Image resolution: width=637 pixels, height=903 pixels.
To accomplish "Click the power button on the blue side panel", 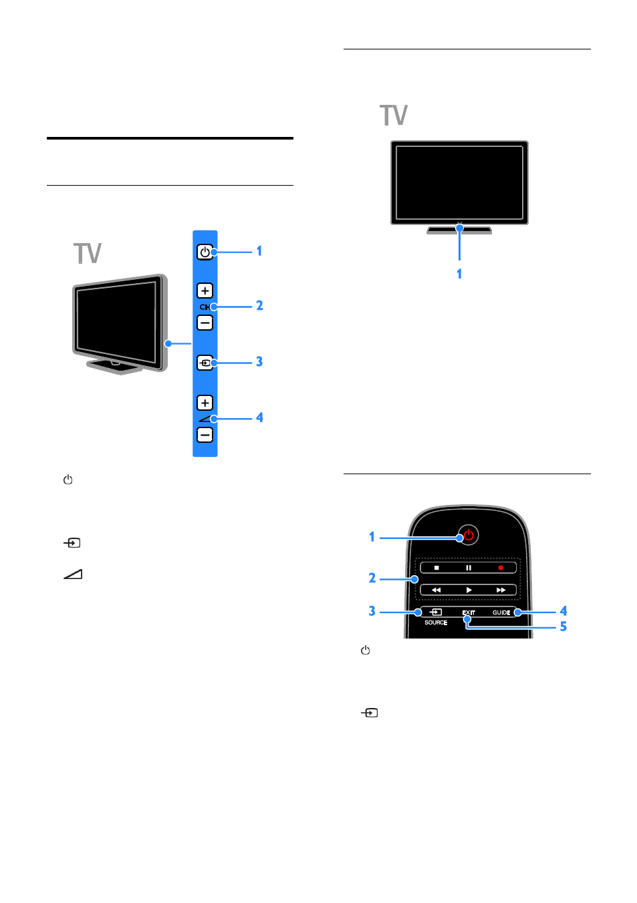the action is click(x=205, y=252).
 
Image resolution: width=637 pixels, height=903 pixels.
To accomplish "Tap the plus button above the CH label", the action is click(x=205, y=291).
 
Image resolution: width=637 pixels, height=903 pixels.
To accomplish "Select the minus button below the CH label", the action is click(x=205, y=323).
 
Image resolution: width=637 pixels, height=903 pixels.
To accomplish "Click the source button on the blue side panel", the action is click(x=205, y=363).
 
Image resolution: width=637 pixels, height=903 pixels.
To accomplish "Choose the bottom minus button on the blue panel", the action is click(x=205, y=435).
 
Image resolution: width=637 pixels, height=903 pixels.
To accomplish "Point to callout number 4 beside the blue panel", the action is click(x=259, y=417).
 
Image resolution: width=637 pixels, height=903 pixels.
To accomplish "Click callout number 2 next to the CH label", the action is click(x=259, y=306).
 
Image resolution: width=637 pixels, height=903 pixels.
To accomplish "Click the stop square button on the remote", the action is click(x=436, y=568).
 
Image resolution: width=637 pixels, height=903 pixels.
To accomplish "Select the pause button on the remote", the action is click(x=469, y=568).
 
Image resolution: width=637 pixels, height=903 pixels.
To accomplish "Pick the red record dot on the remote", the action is click(x=500, y=568).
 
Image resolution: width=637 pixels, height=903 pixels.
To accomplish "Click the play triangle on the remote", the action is click(x=469, y=590).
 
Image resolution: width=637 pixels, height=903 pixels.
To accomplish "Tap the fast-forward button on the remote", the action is click(x=501, y=590).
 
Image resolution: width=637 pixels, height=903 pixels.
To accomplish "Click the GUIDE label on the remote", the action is click(x=501, y=612).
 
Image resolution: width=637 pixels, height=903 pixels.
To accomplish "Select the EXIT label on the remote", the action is click(x=469, y=612).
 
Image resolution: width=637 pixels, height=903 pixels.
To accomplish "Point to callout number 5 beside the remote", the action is click(x=563, y=626).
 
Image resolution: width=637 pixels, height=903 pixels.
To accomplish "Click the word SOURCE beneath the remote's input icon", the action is click(x=436, y=622).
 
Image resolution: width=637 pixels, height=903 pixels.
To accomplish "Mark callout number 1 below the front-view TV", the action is click(x=459, y=274).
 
